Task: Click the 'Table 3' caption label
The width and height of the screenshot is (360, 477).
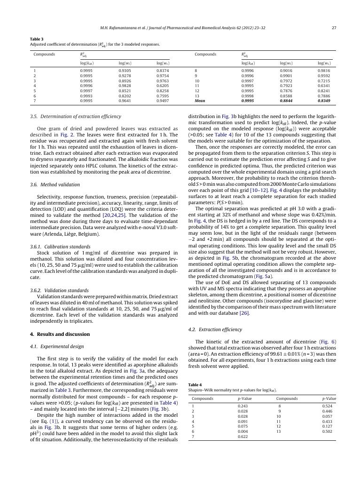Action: coord(37,39)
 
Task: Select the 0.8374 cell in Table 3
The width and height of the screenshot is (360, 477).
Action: coord(163,71)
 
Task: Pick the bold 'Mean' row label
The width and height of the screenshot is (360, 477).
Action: coord(200,100)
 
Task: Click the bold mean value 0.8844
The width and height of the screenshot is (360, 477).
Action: coord(286,100)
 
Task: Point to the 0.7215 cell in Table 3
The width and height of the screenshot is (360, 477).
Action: coord(324,80)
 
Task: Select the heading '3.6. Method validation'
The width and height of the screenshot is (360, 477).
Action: coord(55,184)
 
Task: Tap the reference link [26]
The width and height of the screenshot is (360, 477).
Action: coord(244,313)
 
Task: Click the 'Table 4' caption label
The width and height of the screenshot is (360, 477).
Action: coord(195,385)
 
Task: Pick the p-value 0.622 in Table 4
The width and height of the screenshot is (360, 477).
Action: coord(243,437)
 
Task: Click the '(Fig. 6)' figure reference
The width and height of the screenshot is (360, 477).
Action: coord(328,342)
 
